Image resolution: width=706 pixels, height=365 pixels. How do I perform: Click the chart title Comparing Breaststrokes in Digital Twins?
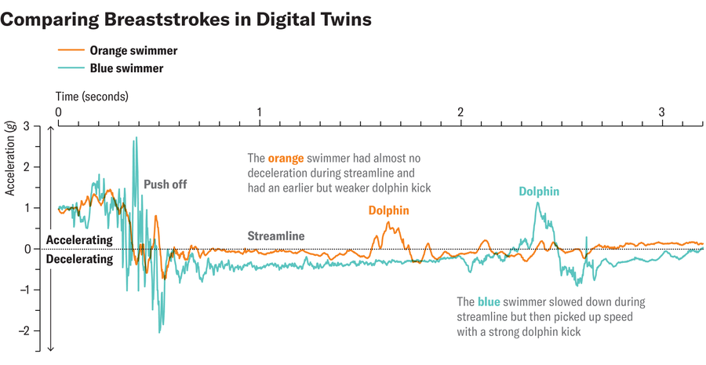tap(186, 20)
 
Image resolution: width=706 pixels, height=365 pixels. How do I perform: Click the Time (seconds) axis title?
tap(93, 97)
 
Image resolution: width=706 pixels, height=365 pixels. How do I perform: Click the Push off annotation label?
tap(165, 185)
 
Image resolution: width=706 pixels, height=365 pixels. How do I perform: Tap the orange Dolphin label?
tap(389, 210)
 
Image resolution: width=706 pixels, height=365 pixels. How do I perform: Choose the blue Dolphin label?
tap(539, 191)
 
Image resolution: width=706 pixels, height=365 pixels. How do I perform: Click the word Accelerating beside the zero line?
tap(79, 240)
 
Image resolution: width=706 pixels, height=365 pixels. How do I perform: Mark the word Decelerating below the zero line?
tap(79, 258)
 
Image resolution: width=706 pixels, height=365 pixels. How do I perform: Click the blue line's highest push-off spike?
tap(136, 138)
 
